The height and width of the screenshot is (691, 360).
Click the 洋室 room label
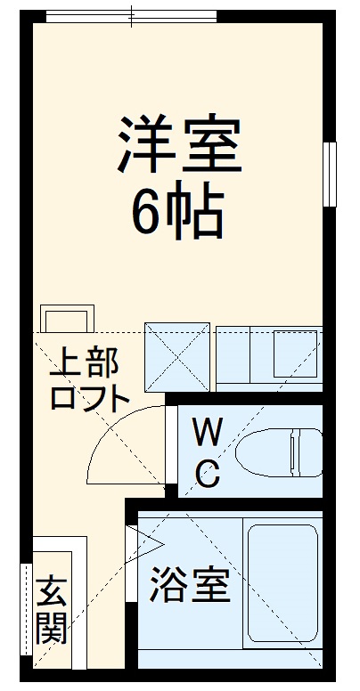[178, 147]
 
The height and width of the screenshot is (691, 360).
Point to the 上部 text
[87, 363]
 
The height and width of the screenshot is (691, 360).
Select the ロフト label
[89, 398]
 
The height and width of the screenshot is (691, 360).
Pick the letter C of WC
[207, 475]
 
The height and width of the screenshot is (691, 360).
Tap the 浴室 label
[190, 585]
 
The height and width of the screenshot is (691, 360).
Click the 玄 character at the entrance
[53, 591]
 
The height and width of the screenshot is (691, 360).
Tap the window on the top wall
[131, 15]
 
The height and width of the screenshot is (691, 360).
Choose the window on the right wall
[330, 174]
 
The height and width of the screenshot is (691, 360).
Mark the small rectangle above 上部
[67, 318]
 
